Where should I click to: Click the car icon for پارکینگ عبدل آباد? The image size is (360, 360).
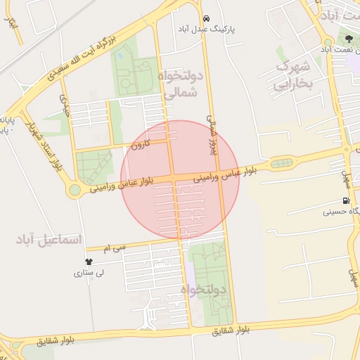(x=205, y=18)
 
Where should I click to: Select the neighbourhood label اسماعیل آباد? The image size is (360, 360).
(x=50, y=240)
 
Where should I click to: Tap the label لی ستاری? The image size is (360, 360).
(x=89, y=273)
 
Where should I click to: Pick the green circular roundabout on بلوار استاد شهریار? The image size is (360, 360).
(x=75, y=191)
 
